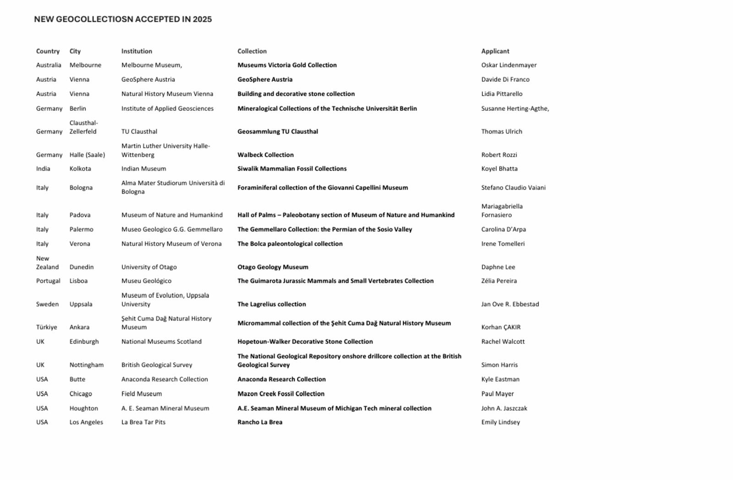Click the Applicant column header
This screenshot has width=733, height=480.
point(495,51)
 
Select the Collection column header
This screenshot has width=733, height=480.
point(252,51)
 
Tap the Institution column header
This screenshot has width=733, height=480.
point(137,51)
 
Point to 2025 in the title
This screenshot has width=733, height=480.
point(202,19)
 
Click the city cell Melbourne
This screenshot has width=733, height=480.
point(85,65)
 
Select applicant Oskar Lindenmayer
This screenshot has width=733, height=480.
point(509,65)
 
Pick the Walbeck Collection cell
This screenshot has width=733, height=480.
point(265,155)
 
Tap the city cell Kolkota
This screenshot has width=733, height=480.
point(80,169)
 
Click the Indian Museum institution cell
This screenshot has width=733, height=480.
point(143,169)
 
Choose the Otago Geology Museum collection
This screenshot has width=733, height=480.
point(273,267)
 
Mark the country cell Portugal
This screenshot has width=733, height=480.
point(48,281)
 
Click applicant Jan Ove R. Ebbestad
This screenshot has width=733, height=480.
point(510,304)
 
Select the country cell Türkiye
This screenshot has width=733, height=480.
point(47,327)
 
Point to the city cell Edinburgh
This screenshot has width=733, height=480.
point(84,342)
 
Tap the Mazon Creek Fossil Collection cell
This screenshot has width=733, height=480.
point(281,394)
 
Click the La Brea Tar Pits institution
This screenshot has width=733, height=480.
point(143,422)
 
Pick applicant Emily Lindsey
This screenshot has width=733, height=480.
point(500,422)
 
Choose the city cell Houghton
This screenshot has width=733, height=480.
point(83,409)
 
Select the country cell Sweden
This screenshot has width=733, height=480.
point(47,304)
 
